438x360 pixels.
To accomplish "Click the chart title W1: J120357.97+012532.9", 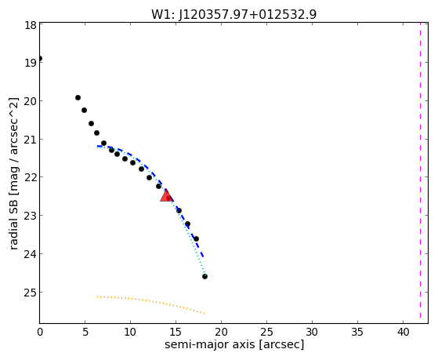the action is click(233, 14).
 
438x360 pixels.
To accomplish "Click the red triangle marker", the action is click(166, 196).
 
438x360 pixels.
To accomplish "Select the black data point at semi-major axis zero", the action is click(40, 59).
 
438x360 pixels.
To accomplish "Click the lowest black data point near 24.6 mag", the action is click(205, 276).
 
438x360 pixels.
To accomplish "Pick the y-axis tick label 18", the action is click(30, 25).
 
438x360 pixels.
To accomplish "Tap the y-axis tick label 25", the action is click(30, 293).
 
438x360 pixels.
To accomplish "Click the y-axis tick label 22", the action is click(30, 177).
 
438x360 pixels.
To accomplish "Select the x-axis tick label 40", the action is click(403, 332).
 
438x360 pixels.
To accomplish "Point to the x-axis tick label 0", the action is click(40, 332).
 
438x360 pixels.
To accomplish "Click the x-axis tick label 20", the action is click(221, 332).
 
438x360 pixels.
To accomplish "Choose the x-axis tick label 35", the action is click(357, 332).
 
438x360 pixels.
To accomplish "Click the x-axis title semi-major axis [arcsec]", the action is click(234, 344).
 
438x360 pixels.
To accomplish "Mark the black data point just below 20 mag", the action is click(78, 97).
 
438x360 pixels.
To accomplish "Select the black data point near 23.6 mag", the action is click(196, 238).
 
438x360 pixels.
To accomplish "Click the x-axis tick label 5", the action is click(85, 332).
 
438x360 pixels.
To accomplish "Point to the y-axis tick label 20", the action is click(30, 100).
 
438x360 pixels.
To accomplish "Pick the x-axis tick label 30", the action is click(312, 332).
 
